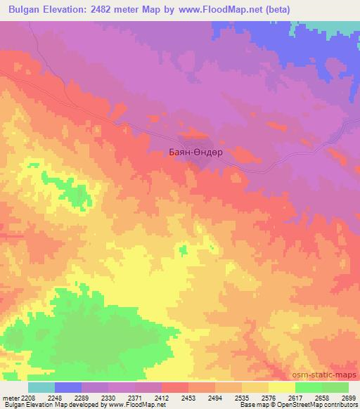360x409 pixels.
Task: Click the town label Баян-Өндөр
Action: pos(196,150)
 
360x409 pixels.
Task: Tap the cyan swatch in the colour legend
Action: pos(41,387)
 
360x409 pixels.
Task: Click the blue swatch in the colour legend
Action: pos(67,387)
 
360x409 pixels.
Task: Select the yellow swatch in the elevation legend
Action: pos(281,387)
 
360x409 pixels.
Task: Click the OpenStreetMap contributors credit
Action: pos(319,405)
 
